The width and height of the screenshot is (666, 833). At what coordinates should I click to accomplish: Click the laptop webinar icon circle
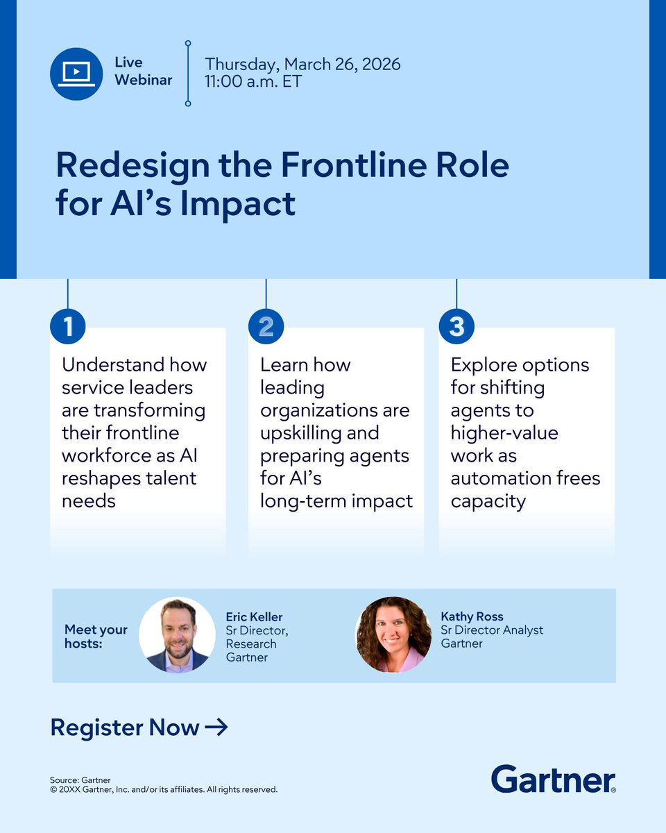(x=76, y=74)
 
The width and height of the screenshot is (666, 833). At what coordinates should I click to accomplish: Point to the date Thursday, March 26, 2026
(x=302, y=65)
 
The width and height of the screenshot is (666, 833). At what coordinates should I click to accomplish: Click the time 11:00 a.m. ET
(x=253, y=81)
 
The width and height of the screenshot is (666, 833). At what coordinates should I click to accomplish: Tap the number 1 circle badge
(x=67, y=327)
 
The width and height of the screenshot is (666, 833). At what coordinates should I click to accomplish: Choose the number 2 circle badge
(x=266, y=327)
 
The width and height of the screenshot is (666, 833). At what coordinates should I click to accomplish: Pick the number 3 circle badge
(x=456, y=327)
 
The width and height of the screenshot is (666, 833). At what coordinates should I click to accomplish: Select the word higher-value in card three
(x=504, y=433)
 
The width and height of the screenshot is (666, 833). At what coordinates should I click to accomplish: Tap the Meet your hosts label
(x=96, y=636)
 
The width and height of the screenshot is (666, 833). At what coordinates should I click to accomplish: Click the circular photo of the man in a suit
(x=177, y=634)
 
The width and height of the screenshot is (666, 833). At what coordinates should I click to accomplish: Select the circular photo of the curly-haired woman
(x=393, y=634)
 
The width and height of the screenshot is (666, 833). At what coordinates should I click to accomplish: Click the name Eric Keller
(x=254, y=617)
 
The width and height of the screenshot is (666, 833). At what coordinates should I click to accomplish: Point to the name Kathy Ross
(x=472, y=616)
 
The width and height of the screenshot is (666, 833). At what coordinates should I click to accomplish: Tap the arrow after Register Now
(x=216, y=727)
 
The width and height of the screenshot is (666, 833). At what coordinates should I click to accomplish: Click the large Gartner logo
(x=553, y=779)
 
